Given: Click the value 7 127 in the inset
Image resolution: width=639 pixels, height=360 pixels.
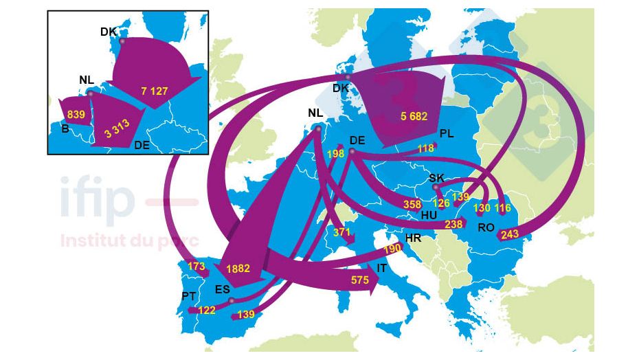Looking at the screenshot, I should coord(155,91).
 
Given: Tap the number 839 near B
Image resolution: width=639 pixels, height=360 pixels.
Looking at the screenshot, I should coord(76,115).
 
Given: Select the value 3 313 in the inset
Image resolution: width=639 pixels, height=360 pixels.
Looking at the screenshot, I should coord(117,128).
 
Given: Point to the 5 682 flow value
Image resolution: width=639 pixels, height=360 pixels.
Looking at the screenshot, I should coord(414,117).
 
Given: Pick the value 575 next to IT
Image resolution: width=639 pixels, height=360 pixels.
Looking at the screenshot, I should coord(359,280).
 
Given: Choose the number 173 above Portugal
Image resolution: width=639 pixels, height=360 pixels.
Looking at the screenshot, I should coord(197,265).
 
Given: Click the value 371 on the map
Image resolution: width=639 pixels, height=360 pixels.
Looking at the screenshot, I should coord(341,233).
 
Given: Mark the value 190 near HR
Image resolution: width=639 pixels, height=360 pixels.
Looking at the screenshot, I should coord(392,248).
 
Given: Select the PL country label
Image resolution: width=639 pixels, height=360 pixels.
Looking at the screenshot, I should coord(447,133).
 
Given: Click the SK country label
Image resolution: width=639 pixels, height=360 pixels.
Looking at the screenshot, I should coord(437,177).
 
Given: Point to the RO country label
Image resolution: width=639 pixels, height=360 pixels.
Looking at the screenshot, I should coord(486,226).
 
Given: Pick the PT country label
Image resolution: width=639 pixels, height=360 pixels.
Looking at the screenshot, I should coord(190,296).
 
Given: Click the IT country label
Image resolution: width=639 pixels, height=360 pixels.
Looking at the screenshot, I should coord(382,269).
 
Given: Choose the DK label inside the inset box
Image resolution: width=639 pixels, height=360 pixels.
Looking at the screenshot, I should coord(109,32).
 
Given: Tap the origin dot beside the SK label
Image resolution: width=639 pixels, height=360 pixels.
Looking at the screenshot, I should coord(434,185).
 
